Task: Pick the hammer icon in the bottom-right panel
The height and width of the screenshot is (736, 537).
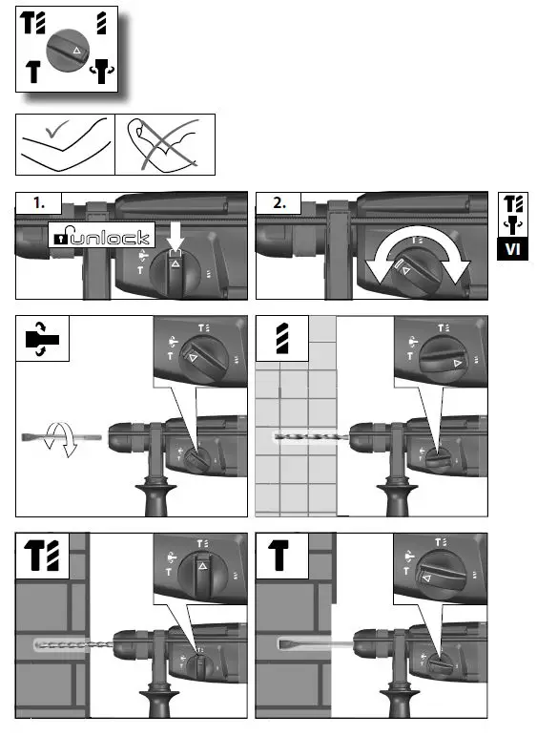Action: (x=279, y=556)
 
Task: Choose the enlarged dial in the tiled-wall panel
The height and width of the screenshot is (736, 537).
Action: (x=438, y=361)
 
